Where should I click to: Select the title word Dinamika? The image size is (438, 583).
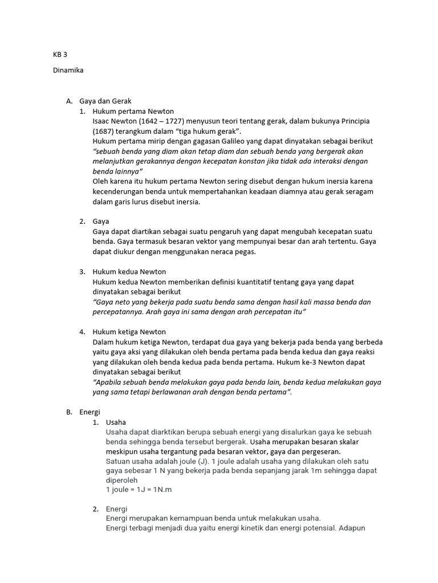tap(68, 71)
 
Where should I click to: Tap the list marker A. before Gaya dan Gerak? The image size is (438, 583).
tap(69, 101)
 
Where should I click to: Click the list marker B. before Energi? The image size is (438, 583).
tap(69, 412)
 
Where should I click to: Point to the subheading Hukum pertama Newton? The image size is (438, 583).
tap(133, 111)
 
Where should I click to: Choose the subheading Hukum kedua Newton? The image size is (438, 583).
tap(129, 272)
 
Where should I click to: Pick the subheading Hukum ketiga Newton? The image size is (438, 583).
tap(129, 332)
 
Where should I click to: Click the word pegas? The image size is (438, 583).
tap(245, 252)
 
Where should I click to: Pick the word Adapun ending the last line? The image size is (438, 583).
tap(358, 528)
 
